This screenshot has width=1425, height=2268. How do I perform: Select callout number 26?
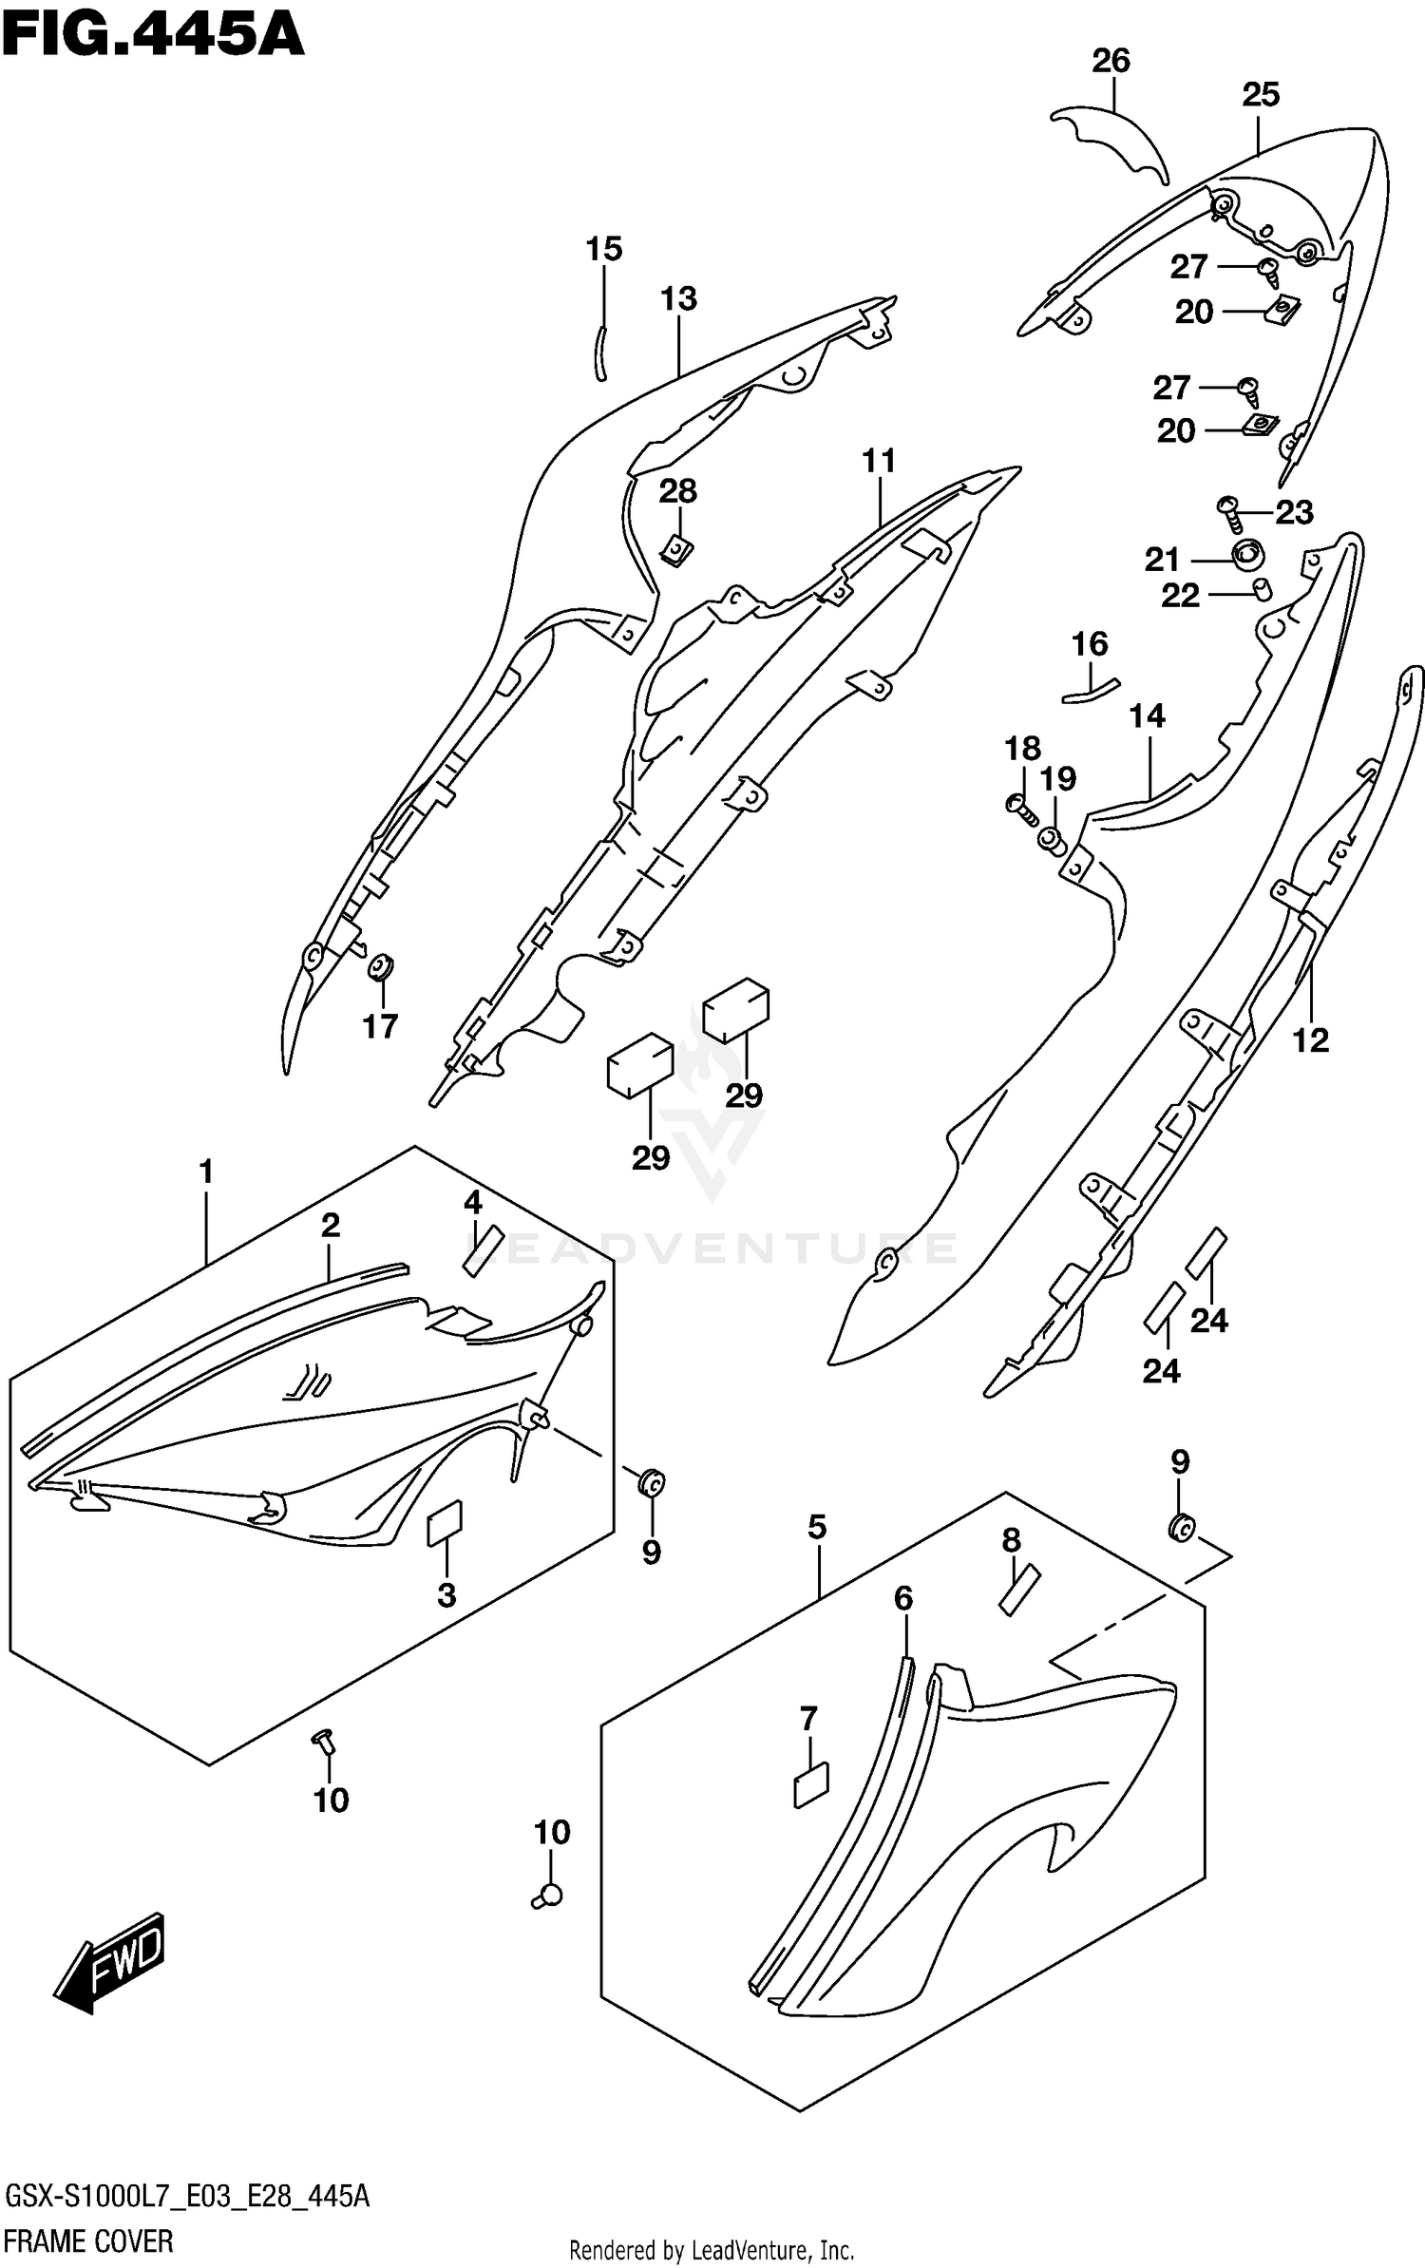coord(1111,62)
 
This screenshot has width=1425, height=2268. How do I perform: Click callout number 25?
coord(1261,95)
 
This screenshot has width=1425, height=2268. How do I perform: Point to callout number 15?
coord(604,249)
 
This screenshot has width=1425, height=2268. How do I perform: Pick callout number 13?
coord(679,299)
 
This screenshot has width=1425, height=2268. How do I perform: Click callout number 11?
coord(879,462)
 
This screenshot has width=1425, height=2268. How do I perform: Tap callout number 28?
coord(678,491)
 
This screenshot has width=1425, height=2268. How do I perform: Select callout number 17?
coord(380,1026)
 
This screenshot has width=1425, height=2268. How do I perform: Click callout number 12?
coord(1310,1041)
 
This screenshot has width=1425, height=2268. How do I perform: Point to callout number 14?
coord(1147,715)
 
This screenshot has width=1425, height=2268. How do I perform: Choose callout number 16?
coord(1090,644)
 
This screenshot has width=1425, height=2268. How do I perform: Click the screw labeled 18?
coord(1019,808)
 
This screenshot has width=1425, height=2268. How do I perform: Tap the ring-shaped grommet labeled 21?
coord(1246,553)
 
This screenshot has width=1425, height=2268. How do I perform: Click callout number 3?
coord(446,1595)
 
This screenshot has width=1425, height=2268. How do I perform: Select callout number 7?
coord(808,1719)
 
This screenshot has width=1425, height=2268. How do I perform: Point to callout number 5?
coord(817,1527)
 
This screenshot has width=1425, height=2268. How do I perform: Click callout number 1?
coord(206,1172)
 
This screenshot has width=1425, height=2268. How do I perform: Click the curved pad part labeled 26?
coord(1111,141)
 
